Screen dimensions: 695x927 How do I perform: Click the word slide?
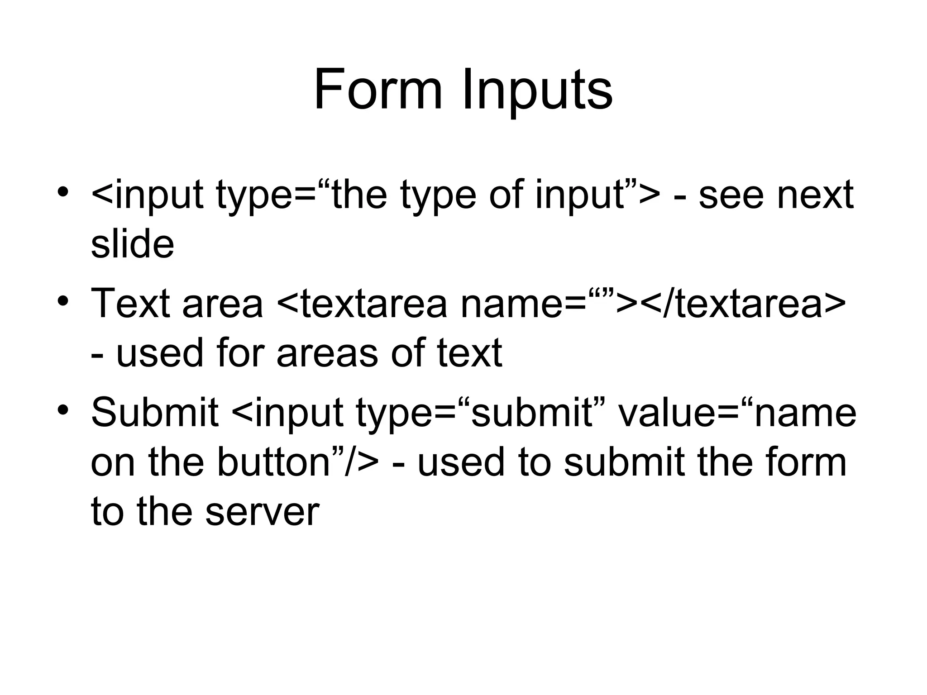pyautogui.click(x=132, y=244)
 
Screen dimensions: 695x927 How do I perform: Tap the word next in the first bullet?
pyautogui.click(x=815, y=195)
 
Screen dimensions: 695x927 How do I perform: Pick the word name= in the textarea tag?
pyautogui.click(x=521, y=304)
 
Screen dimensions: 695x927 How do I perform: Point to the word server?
pyautogui.click(x=262, y=512)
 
